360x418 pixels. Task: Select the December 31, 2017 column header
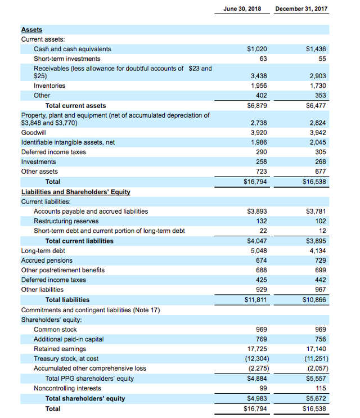coord(301,9)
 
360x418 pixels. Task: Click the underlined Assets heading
coord(31,30)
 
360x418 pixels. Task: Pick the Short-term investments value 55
coord(322,59)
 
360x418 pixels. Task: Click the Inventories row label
coord(49,86)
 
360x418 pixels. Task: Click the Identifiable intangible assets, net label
coord(67,142)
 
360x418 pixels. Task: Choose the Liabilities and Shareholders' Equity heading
coord(75,192)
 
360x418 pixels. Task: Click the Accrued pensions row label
coord(47,260)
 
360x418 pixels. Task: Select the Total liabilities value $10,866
coord(314,300)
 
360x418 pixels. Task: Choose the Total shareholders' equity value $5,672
coord(314,398)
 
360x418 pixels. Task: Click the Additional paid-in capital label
coord(69,339)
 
